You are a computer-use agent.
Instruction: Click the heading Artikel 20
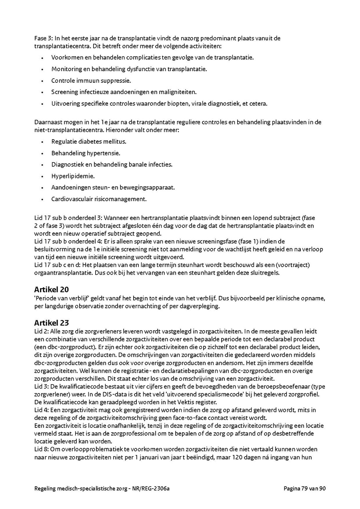pos(51,289)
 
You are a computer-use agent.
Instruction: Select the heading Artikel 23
pos(51,323)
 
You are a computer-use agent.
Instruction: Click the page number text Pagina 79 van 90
pos(305,488)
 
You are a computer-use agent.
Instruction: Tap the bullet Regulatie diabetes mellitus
pos(88,142)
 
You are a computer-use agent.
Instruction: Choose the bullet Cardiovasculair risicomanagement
pos(99,199)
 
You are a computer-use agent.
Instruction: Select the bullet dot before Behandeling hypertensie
pos(42,153)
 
